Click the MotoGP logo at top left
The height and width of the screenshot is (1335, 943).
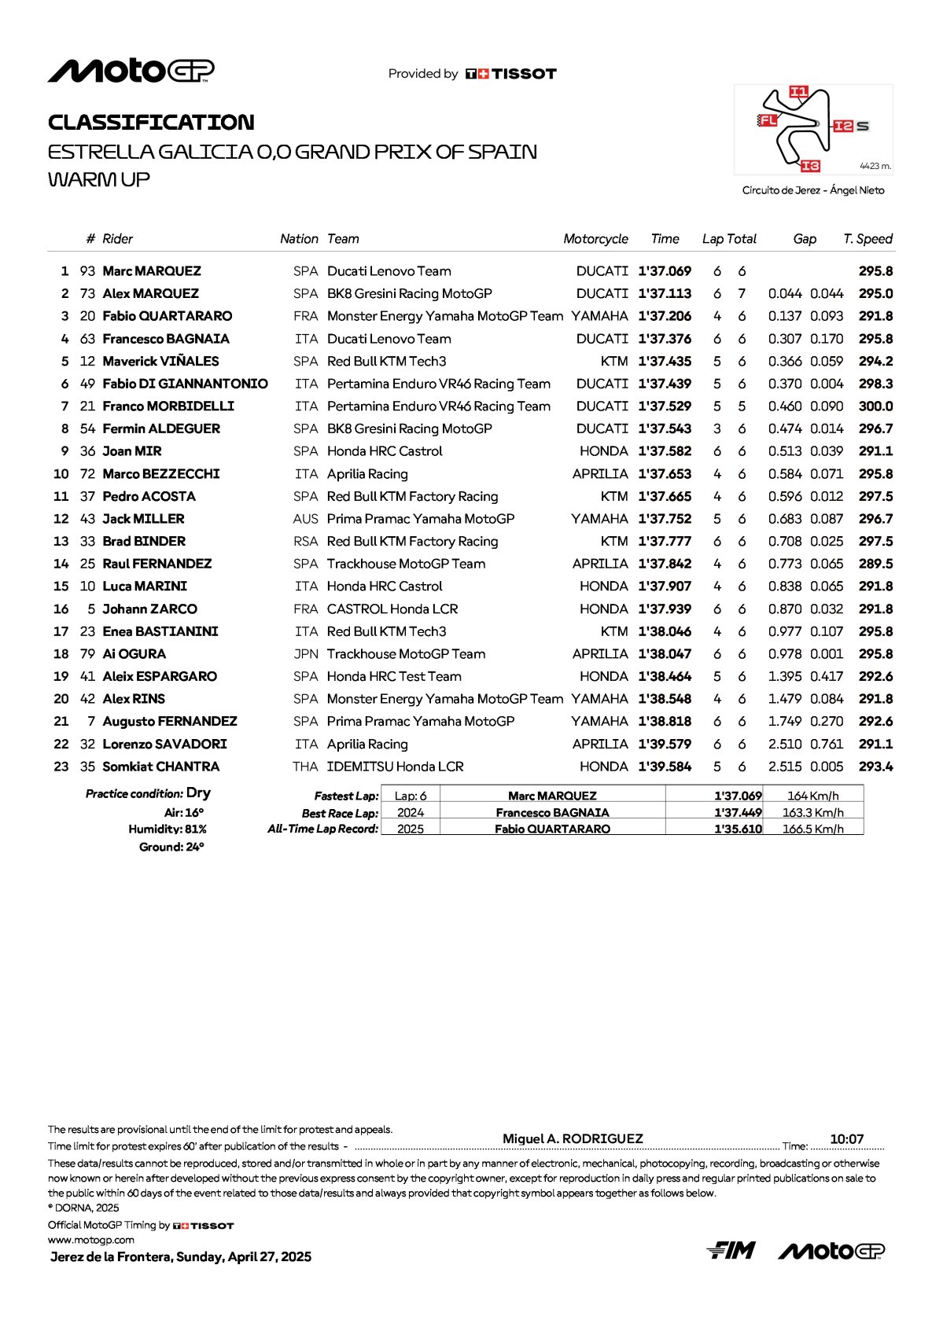[131, 71]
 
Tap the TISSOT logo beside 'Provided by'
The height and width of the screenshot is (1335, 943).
[511, 74]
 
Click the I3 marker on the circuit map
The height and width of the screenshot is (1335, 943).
[810, 166]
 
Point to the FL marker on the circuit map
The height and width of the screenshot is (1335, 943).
[768, 120]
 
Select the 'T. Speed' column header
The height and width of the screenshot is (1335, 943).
[867, 239]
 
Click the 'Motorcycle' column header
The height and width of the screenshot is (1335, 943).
[595, 239]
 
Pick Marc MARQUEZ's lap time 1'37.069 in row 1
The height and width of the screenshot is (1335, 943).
[665, 271]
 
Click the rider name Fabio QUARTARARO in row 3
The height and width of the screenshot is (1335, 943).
[167, 316]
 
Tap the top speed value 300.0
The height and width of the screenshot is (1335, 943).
[875, 406]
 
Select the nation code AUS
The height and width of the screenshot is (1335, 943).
[305, 519]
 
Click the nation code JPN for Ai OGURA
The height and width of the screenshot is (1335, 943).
[306, 654]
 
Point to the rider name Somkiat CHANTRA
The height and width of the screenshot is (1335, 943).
[160, 767]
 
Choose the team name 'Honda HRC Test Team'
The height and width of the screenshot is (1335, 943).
[394, 677]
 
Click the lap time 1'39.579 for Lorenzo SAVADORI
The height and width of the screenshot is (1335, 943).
[665, 745]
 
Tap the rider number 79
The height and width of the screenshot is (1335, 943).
[87, 654]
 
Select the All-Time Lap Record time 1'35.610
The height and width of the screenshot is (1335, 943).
[738, 829]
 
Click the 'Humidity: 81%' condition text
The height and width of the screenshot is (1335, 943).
[168, 829]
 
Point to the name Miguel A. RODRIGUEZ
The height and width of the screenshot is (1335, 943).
[573, 1138]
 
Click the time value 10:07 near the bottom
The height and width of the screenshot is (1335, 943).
[846, 1139]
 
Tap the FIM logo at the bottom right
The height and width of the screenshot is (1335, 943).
[731, 1250]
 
